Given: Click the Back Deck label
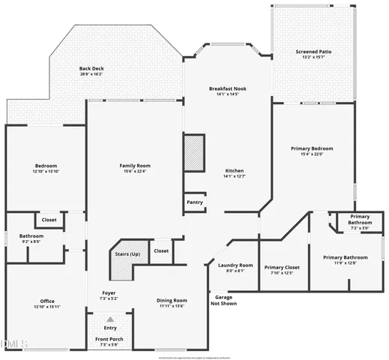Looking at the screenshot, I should coord(91,68).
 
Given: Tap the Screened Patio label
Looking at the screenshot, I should coord(313,52).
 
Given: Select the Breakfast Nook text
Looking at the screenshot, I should coord(227,88).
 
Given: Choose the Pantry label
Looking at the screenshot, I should coord(194,202).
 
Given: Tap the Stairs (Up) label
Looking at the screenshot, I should coord(127,254).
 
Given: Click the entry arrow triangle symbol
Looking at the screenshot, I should coord(110,319).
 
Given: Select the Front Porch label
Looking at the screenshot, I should coord(110,339).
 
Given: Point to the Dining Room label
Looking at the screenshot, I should coord(172,300).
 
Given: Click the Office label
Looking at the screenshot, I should coord(46,301).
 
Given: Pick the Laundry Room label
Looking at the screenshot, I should coord(235,265).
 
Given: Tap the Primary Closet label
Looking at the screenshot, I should coord(282,267).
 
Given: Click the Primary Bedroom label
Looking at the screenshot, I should coord(312,148).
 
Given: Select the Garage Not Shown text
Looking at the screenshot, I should coord(223,300).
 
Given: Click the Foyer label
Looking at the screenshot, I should coord(109,293).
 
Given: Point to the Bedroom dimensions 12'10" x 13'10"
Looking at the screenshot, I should coord(46,172).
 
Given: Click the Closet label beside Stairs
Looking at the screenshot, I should coord(161,250).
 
